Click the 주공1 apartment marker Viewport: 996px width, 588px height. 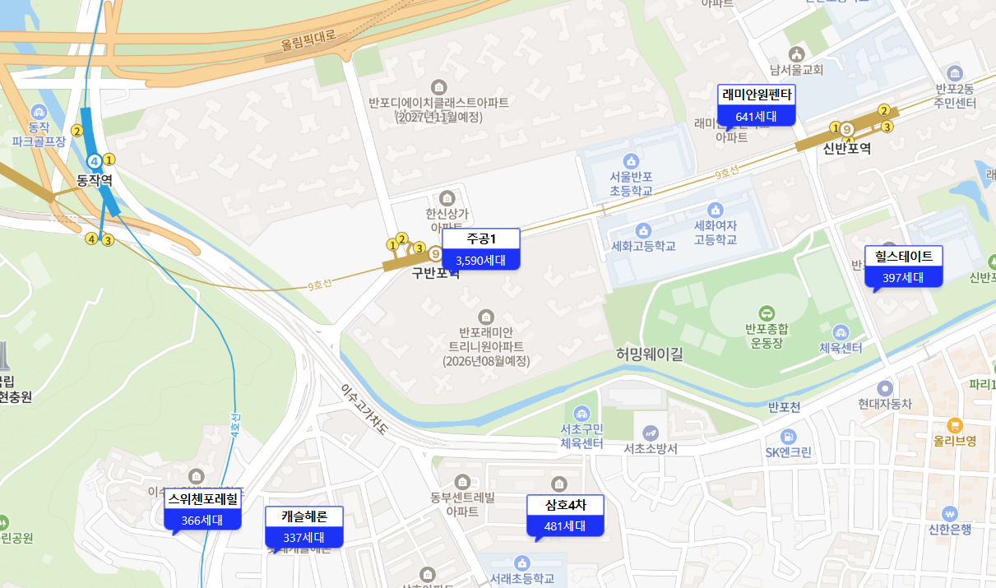(x=481, y=249)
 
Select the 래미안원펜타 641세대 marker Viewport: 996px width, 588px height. (x=757, y=104)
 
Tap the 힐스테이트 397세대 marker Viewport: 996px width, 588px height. (x=903, y=266)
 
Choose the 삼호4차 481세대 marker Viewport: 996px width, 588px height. (x=565, y=515)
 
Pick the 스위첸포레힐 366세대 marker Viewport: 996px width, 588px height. (x=202, y=508)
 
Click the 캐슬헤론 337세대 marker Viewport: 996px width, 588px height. (x=303, y=527)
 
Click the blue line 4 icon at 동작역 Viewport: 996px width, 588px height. (x=95, y=160)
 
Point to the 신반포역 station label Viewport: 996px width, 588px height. (x=846, y=148)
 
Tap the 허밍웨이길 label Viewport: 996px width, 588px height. (x=650, y=354)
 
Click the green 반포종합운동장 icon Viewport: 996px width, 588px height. (x=767, y=313)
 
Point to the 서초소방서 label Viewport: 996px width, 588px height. (x=651, y=449)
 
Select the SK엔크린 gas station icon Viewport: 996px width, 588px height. (x=789, y=436)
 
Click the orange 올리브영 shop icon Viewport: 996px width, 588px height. (x=954, y=425)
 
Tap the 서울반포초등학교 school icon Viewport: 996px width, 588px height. (x=631, y=161)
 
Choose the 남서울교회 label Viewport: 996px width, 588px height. (x=795, y=70)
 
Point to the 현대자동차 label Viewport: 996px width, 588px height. (x=885, y=404)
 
